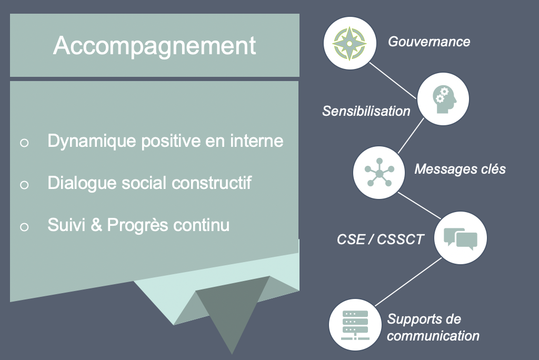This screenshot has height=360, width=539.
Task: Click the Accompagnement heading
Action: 155,46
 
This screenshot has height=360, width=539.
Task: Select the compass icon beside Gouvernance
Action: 350,43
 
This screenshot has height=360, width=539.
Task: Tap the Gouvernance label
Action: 429,42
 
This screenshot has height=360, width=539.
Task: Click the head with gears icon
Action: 444,99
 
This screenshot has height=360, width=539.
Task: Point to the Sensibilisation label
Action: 366,111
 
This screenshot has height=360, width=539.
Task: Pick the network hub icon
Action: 379,172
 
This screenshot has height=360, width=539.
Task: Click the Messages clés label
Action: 460,169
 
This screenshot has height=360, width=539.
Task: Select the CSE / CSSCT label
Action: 380,239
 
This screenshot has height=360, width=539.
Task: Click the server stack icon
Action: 355,325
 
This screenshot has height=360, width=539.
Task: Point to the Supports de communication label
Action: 433,327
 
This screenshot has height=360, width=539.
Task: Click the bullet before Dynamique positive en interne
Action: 24,143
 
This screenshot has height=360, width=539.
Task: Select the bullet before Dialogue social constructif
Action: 24,185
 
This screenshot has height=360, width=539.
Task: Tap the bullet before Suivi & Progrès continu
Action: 24,227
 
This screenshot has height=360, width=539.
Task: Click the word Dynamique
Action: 92,142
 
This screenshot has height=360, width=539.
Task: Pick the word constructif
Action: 212,183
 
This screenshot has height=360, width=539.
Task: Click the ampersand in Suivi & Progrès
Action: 96,225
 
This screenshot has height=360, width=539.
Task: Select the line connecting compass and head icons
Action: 393,81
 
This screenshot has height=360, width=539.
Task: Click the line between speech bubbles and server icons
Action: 408,282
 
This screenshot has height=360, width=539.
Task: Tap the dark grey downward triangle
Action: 233,309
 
